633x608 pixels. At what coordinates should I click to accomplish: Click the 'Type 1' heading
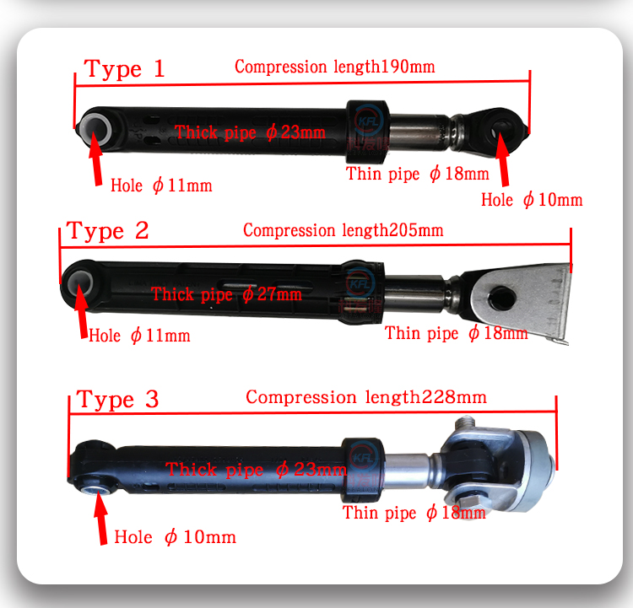124,69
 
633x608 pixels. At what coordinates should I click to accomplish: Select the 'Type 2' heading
108,231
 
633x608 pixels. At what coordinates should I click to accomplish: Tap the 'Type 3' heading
117,400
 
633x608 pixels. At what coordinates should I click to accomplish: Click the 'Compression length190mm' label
335,67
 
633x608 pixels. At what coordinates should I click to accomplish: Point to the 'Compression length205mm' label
344,230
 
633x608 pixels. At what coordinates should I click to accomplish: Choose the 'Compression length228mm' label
366,397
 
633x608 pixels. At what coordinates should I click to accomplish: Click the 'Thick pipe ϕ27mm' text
226,293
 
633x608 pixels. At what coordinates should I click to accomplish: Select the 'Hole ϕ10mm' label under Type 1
532,200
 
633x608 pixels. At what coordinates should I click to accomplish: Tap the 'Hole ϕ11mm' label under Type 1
161,186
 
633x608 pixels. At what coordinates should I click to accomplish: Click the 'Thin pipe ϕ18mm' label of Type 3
414,513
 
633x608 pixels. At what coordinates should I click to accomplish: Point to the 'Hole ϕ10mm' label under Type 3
175,537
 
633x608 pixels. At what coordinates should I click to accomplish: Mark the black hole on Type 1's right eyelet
500,131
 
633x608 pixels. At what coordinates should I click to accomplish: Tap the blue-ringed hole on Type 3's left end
95,490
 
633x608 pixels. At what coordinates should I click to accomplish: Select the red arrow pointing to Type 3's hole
101,518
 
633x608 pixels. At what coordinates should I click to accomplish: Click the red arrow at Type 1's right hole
503,159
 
